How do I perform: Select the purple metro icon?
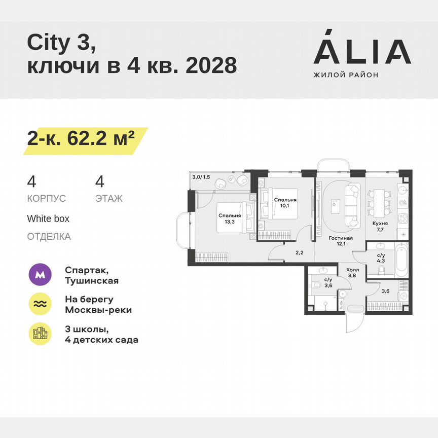coord(39,275)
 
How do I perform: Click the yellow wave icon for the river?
coord(39,304)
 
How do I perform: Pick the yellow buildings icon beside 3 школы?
coord(39,333)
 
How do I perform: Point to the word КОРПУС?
coord(46,198)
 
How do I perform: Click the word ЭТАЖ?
coord(108,198)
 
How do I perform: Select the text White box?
coord(48,219)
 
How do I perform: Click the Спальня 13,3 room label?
coord(227,218)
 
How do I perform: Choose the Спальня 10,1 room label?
coord(285,203)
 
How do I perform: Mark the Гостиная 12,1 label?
coord(340,241)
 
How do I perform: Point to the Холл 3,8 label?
coord(352,274)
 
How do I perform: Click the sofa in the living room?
coord(351,205)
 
